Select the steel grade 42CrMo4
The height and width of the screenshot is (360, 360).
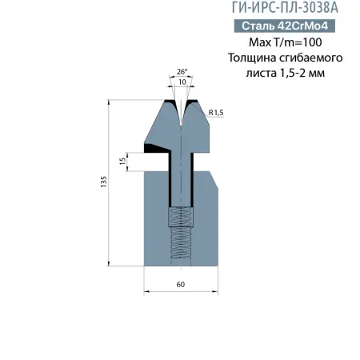[307, 26]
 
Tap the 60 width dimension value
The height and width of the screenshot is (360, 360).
[181, 283]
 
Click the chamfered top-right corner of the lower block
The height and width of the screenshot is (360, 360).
[214, 177]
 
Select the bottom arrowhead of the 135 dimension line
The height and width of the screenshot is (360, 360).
[109, 264]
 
